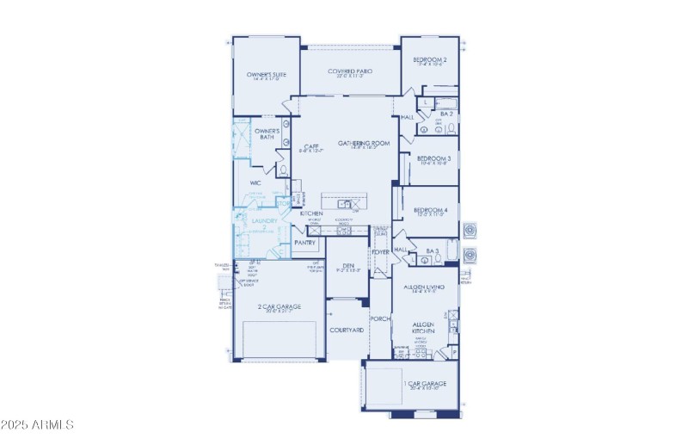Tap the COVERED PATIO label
point(349,71)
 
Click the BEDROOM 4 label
point(430,210)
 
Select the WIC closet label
point(255,183)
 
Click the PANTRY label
point(305,243)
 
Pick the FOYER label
point(379,252)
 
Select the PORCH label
point(380,318)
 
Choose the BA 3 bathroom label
point(433,251)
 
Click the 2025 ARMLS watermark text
point(38,425)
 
